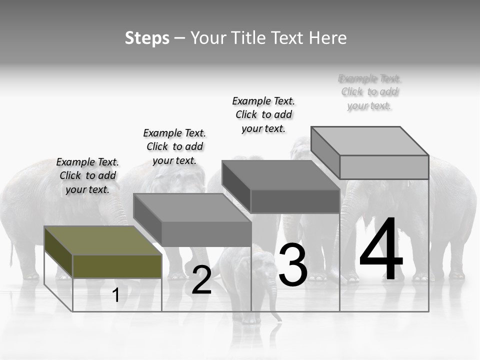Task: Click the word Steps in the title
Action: click(147, 38)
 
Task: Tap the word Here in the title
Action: click(328, 38)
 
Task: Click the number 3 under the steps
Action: click(292, 265)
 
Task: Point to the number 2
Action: click(201, 280)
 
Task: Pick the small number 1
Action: click(116, 295)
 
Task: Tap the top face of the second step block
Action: click(192, 208)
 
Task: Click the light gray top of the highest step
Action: click(370, 141)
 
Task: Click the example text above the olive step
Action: click(87, 175)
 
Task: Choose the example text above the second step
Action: click(174, 146)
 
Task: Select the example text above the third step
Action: click(263, 114)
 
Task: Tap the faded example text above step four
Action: click(369, 92)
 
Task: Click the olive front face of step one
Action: click(117, 266)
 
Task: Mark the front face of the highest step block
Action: click(384, 167)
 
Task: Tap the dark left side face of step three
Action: click(236, 186)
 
